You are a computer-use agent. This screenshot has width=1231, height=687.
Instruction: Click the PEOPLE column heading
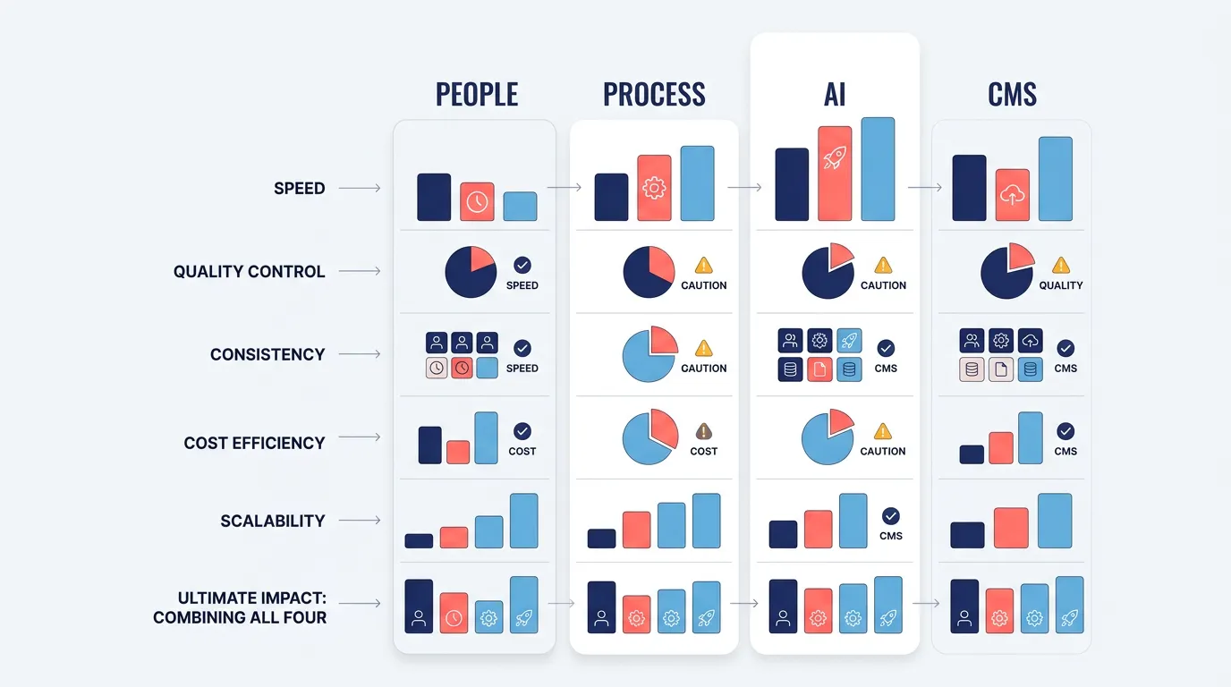pos(477,94)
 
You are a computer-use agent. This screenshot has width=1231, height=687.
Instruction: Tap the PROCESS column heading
pos(654,94)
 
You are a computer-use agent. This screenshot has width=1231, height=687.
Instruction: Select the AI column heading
pos(835,94)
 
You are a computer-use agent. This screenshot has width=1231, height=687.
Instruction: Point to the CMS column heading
pos(1012,94)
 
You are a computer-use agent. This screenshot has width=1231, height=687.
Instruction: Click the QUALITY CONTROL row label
pos(250,271)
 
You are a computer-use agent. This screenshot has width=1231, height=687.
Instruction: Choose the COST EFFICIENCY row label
pos(254,443)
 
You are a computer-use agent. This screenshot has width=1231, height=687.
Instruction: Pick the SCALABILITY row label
pos(273,521)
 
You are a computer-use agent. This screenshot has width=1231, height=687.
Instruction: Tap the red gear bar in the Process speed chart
pos(654,188)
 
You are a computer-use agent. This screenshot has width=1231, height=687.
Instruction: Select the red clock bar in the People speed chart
pos(477,201)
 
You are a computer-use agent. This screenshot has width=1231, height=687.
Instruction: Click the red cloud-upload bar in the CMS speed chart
pos(1012,195)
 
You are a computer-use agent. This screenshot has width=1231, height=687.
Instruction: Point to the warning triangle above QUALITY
pos(1061,265)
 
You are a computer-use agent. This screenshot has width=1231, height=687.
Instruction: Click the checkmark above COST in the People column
pos(522,431)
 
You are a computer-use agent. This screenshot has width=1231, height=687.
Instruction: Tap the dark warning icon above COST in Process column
pos(704,431)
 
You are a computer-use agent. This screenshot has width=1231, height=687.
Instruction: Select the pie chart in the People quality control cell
pos(471,272)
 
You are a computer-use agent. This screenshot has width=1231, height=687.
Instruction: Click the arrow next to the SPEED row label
pos(360,188)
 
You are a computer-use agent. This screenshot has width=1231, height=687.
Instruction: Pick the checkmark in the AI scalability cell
pos(891,516)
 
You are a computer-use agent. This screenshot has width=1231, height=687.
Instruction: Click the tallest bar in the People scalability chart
pos(523,521)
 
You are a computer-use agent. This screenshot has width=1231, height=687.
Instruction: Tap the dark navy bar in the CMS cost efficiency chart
pos(972,454)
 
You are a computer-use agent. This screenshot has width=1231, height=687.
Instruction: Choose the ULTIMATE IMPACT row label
pos(240,607)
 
